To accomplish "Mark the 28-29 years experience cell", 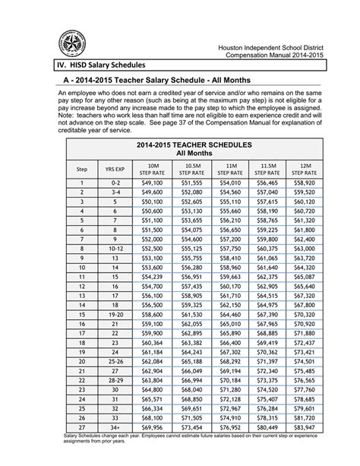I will click(x=115, y=379).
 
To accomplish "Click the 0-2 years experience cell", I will click(x=115, y=183).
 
